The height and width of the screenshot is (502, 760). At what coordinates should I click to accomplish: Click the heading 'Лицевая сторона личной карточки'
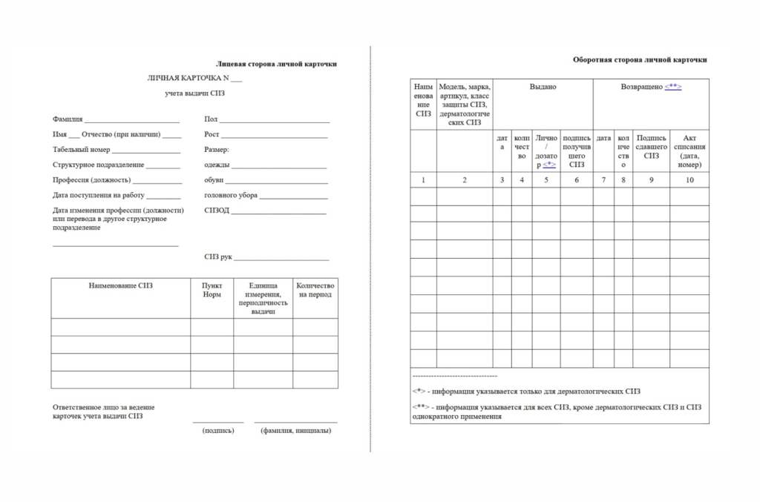pos(276,64)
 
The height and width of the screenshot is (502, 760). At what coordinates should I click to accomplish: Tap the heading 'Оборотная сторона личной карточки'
pos(640,59)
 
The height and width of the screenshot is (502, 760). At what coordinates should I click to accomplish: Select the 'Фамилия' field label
pos(68,119)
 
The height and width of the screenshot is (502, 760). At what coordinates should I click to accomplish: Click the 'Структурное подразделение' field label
pos(98,165)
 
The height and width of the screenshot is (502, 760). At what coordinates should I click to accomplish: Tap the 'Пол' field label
pos(210,119)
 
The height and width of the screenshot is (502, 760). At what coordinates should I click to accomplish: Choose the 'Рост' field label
pos(212,134)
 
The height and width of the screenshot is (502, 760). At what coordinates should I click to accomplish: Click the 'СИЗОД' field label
pos(217,211)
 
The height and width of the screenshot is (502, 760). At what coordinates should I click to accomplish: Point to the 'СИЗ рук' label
pos(218,257)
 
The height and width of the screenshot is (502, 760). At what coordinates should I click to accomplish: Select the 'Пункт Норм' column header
pos(212,290)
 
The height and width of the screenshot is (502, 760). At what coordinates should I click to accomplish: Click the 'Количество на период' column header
pos(315,290)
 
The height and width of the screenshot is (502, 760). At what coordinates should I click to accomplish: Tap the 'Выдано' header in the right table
pos(543,87)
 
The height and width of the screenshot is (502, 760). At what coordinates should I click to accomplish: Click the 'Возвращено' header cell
pos(650,87)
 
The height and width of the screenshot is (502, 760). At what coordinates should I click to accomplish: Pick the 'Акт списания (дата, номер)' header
pos(689,151)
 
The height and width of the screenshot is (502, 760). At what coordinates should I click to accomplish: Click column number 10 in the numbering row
pos(689,180)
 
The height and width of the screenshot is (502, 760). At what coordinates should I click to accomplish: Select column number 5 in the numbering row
pos(546,180)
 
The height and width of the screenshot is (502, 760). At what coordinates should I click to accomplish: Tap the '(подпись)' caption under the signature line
pos(218,431)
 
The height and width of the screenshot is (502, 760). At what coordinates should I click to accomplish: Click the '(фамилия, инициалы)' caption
pos(295,431)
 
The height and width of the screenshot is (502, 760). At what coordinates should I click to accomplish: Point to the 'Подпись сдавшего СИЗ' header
pos(651,146)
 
